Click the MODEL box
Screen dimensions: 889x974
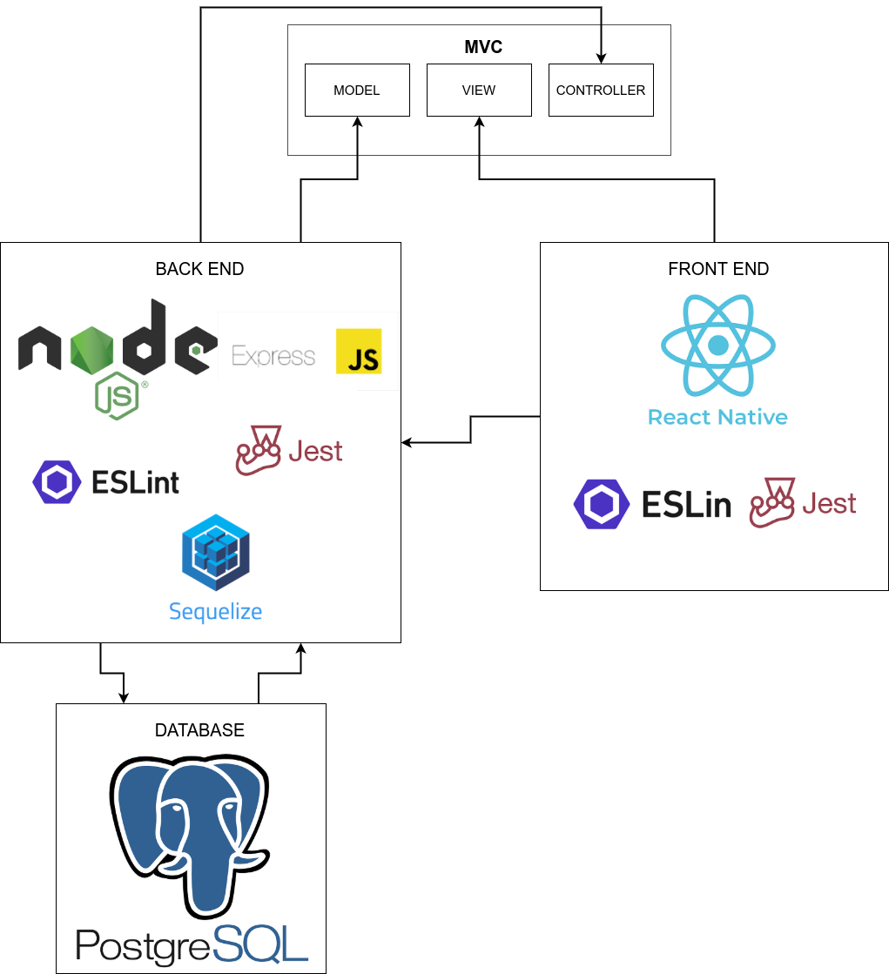357,90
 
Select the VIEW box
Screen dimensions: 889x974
479,90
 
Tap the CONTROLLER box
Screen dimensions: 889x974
601,90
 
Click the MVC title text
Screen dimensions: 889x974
483,47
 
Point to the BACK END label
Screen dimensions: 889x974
199,269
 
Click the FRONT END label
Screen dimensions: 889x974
718,269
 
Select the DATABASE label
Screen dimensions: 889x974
199,730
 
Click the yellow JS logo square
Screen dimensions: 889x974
359,351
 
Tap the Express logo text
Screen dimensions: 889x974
273,356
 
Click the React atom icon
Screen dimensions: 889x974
718,346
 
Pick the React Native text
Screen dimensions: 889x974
717,417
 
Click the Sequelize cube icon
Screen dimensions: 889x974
216,552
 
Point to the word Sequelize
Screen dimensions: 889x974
216,611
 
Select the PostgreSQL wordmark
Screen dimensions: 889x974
192,945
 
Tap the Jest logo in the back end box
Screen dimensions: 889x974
289,450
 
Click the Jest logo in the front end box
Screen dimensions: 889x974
803,503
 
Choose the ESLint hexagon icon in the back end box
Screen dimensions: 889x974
57,482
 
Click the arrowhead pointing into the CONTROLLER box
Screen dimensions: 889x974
601,58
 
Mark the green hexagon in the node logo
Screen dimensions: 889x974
92,350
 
